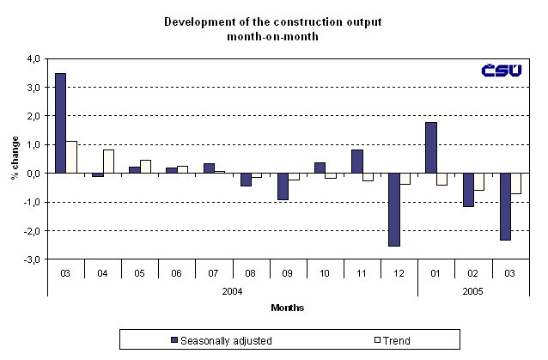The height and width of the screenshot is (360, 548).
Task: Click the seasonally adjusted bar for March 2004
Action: click(60, 123)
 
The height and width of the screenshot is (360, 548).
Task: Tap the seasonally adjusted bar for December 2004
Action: click(393, 210)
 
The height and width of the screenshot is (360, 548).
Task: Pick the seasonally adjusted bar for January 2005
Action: click(430, 148)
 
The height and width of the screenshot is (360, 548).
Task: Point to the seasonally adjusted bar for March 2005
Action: click(504, 206)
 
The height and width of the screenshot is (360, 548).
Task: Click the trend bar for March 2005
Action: click(515, 183)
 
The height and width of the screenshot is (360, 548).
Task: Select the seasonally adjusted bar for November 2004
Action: click(356, 162)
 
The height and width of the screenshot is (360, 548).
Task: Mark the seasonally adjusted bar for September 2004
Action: click(282, 186)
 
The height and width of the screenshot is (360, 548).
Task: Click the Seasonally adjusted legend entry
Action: click(222, 340)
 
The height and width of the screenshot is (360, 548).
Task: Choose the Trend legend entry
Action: click(394, 340)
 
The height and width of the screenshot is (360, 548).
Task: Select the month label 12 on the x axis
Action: click(399, 272)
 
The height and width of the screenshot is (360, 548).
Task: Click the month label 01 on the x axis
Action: click(435, 272)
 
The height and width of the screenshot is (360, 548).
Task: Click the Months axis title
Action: click(287, 308)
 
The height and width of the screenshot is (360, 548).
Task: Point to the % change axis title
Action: click(14, 159)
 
